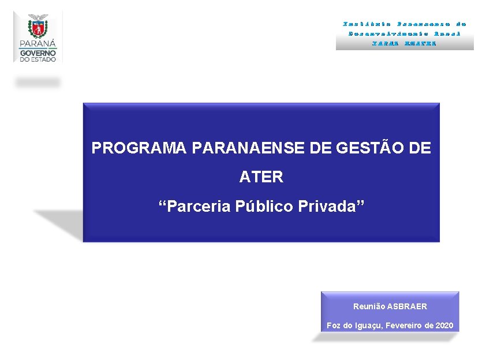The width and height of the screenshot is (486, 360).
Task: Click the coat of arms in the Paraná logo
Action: point(38,27)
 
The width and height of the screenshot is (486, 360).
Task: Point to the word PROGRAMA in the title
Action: point(139,148)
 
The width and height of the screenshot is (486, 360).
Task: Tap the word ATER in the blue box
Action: point(261,177)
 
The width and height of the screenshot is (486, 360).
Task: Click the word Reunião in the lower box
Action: point(369,306)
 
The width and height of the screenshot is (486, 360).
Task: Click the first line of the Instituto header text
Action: point(405,24)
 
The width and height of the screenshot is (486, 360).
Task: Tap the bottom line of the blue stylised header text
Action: point(405,43)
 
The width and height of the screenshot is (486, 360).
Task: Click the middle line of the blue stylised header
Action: point(405,33)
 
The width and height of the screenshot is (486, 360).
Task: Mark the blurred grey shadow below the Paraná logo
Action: point(38,82)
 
